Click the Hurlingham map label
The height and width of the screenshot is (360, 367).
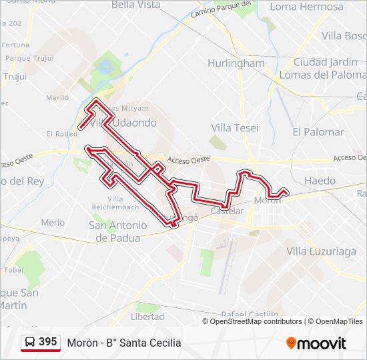coord(236,63)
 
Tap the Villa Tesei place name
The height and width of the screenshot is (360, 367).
coord(235,127)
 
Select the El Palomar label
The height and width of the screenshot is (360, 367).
coord(318,132)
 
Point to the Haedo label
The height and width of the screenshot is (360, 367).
coord(320,181)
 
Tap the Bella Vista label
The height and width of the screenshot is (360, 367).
coord(136,5)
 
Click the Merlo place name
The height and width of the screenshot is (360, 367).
coord(53,223)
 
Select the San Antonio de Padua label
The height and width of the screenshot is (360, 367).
coord(115,231)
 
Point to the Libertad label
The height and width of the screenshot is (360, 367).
coord(147,316)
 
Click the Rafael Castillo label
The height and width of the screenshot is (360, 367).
coord(248,315)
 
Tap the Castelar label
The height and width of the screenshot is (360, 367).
coord(227,211)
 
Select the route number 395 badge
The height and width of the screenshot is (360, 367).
coord(47,342)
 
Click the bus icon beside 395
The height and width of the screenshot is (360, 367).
coord(30,342)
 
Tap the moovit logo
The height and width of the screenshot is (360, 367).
coord(316,343)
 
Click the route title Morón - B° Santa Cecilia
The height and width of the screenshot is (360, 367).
coord(124,343)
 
